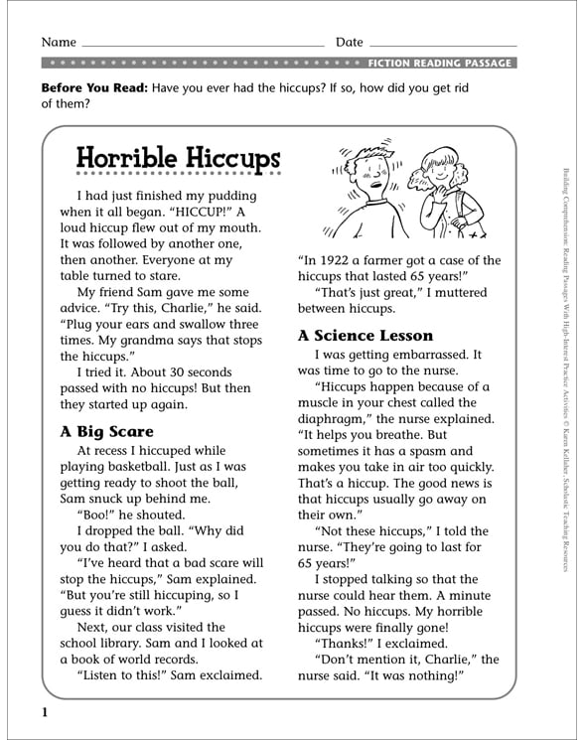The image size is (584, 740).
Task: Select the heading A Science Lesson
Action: click(365, 335)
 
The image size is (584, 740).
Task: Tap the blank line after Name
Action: click(203, 45)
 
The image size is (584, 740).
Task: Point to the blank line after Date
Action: click(443, 45)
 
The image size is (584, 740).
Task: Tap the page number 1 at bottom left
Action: click(45, 713)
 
